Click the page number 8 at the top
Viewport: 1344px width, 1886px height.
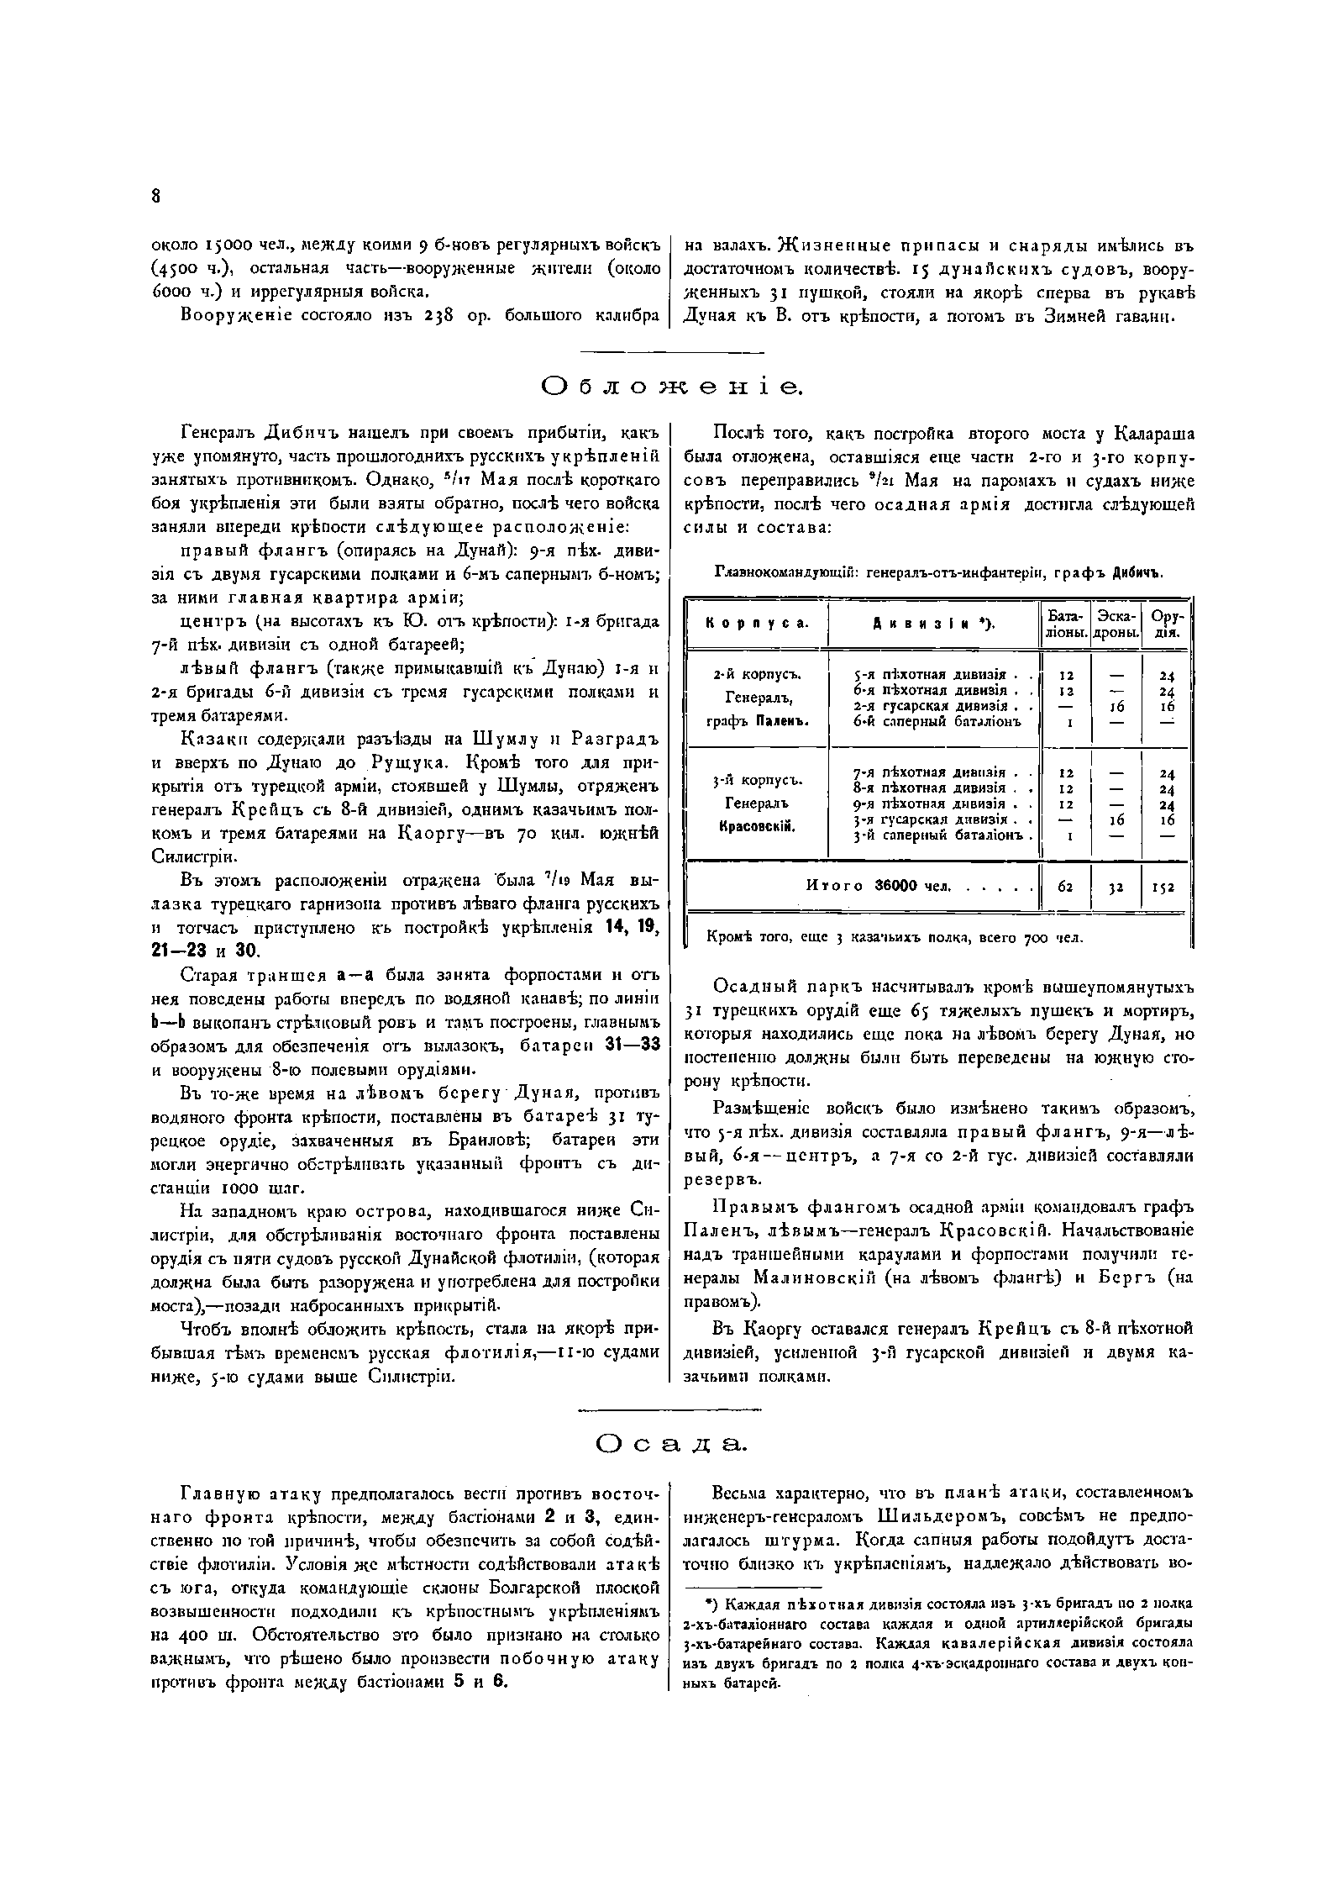click(155, 197)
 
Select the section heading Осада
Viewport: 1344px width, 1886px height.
click(672, 1444)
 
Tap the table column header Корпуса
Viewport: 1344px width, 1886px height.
click(756, 623)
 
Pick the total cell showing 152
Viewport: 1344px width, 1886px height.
click(1166, 887)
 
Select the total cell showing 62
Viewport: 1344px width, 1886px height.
click(1065, 886)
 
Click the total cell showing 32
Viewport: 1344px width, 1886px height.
click(1116, 887)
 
